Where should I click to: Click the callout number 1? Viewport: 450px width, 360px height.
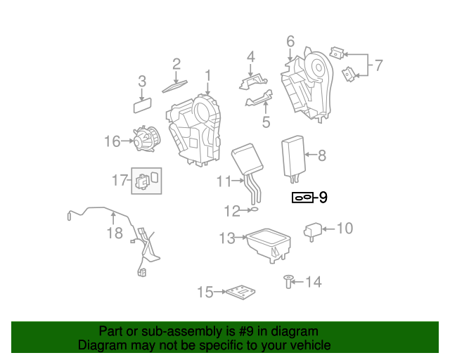(208, 75)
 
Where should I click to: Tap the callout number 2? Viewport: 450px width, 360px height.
(176, 64)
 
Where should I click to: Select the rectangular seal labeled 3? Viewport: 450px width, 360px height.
(144, 105)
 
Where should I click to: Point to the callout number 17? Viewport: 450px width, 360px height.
(119, 181)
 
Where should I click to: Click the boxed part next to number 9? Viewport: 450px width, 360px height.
(302, 198)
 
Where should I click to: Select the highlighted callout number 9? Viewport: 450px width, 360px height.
(323, 198)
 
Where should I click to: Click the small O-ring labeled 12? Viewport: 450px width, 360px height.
(255, 209)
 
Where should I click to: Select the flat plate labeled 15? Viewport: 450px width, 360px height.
(239, 291)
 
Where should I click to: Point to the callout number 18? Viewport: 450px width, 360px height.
(114, 232)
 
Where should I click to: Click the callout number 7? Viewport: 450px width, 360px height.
(378, 66)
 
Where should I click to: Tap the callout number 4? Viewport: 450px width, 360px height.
(250, 56)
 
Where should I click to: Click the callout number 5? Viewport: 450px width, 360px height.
(266, 122)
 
